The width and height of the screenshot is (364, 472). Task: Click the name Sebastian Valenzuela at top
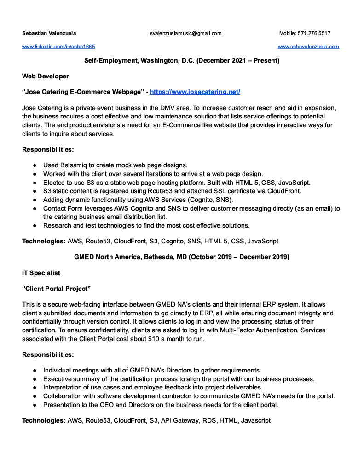coord(49,33)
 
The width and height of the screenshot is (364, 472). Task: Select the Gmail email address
coord(185,33)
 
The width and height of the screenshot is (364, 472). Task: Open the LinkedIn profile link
coord(58,47)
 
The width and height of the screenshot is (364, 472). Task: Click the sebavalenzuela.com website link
coord(308,47)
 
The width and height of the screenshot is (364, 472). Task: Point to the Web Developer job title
coord(46,76)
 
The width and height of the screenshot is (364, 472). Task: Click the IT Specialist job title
coord(41,273)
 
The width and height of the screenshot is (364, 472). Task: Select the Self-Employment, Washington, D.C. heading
coord(182,60)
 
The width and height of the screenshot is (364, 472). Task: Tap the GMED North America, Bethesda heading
coord(182,257)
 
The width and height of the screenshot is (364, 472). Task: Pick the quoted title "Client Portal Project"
coord(56,289)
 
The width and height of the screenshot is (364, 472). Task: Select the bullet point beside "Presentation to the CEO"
coord(35,405)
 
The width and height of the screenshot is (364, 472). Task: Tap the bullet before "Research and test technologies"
coord(35,226)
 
